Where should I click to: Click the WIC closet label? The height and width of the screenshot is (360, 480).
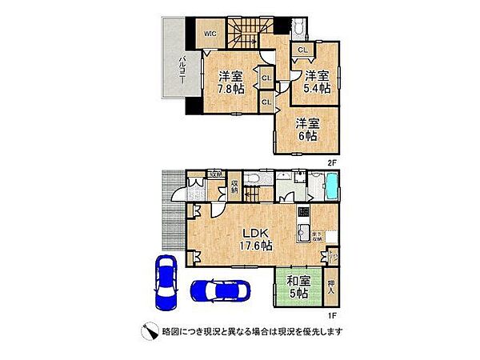click(208, 33)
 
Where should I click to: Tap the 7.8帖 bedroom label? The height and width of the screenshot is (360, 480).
click(231, 83)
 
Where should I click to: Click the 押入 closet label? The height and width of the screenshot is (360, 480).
click(334, 287)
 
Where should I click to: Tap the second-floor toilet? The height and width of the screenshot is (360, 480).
click(298, 28)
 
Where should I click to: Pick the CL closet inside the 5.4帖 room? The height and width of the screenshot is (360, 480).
click(302, 50)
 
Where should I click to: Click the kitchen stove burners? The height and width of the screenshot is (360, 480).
click(303, 214)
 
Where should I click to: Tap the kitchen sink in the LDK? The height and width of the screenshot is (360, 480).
click(304, 234)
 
